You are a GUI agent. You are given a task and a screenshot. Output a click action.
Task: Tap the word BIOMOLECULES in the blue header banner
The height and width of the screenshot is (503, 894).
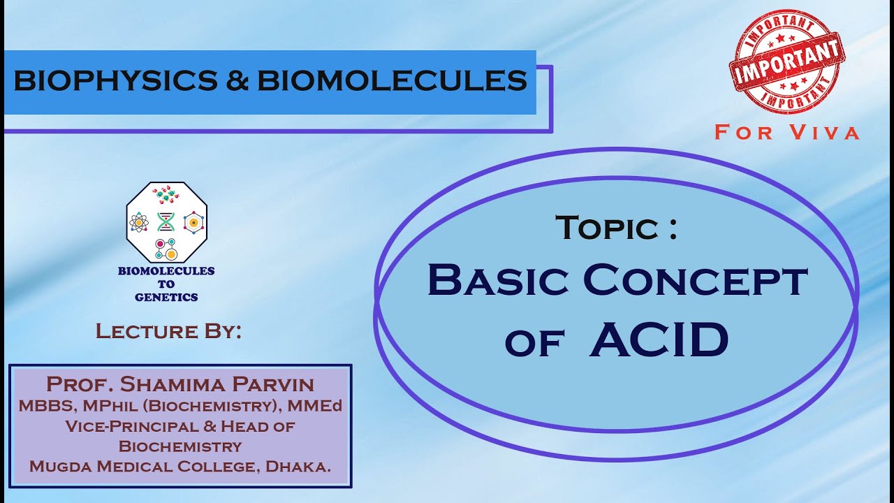coord(392,82)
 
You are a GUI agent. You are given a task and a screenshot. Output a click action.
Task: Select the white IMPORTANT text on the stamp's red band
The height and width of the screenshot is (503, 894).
coord(786,61)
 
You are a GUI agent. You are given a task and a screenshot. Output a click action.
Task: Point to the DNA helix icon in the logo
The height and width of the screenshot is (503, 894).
coord(166,222)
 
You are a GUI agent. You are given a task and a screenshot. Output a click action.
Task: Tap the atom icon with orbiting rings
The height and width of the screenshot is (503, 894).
coord(139,223)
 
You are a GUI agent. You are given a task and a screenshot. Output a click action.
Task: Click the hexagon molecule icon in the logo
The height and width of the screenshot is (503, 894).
coord(193,222)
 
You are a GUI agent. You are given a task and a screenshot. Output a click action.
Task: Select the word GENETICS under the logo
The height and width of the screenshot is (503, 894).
coord(166,297)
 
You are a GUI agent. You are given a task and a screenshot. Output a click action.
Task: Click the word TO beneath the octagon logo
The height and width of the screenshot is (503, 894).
coord(166,284)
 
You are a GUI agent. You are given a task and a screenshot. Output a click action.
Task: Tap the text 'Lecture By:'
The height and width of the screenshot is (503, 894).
coord(168,331)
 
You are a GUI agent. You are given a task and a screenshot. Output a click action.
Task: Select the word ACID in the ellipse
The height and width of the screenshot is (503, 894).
coord(659,340)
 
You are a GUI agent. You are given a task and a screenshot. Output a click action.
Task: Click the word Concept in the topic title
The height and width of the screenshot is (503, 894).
coord(695,280)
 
